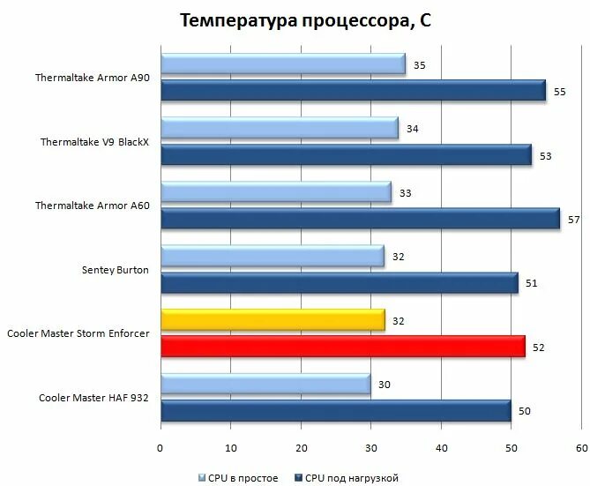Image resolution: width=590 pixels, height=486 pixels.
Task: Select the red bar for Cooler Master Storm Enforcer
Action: [x=342, y=347]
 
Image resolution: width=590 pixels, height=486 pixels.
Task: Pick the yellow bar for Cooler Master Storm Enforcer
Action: [x=273, y=319]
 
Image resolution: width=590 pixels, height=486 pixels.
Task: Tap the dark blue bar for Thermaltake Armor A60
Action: [x=360, y=219]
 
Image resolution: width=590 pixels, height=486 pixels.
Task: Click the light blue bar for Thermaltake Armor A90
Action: [x=282, y=64]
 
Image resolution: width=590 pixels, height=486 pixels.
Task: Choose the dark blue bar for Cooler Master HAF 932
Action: [x=335, y=411]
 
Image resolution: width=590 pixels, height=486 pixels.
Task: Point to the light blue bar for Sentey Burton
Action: [x=272, y=257]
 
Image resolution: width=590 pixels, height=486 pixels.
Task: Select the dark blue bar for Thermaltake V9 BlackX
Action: [x=346, y=155]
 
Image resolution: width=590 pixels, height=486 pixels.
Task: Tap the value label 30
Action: [x=385, y=384]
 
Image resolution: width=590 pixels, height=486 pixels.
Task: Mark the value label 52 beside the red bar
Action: [x=538, y=348]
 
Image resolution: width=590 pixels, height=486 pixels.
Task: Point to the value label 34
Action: [x=412, y=130]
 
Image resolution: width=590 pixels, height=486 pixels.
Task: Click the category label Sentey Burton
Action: [x=115, y=269]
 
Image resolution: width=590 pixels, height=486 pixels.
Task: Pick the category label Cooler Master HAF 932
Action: [x=93, y=398]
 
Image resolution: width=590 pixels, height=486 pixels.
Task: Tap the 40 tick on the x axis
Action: [x=441, y=448]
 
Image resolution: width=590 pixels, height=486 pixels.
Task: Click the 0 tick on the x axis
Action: [x=161, y=448]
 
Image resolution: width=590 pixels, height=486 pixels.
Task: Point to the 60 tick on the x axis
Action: [x=580, y=448]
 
